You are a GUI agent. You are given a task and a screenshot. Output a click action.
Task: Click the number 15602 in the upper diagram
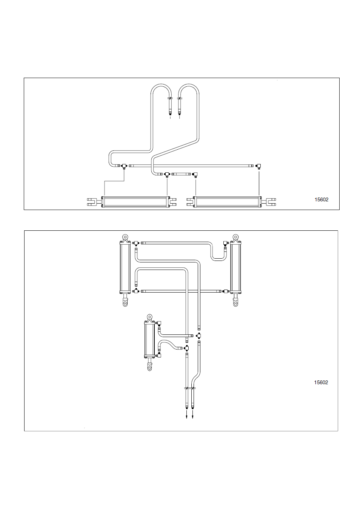click(x=322, y=199)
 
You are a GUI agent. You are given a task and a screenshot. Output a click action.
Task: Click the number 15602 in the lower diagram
click(x=321, y=382)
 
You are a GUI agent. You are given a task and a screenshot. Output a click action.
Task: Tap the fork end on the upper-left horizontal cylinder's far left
click(x=92, y=202)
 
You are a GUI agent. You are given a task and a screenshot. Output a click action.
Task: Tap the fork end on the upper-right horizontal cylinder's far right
click(x=271, y=202)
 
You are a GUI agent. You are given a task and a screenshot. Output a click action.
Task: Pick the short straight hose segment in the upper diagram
click(x=181, y=174)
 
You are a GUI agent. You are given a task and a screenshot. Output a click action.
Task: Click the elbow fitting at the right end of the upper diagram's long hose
click(x=258, y=166)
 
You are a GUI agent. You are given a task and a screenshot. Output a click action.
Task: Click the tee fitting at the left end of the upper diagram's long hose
click(x=124, y=166)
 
